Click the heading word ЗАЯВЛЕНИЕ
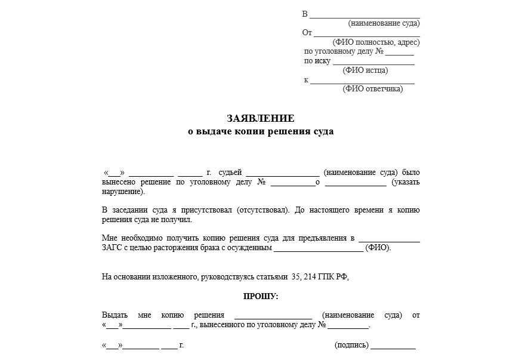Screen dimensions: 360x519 [x=260, y=118]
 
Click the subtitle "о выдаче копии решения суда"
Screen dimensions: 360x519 [x=260, y=131]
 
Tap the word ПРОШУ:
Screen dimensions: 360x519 [x=261, y=296]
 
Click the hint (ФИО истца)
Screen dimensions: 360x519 [x=365, y=70]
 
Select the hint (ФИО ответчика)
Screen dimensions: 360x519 [x=372, y=89]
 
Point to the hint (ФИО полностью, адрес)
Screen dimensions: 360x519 [x=376, y=42]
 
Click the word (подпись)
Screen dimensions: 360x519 [x=351, y=345]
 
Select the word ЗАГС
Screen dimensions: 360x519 [x=112, y=247]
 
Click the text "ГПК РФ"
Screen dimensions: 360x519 [x=335, y=277]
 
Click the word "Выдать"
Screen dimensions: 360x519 [x=115, y=315]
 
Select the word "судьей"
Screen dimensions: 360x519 [x=230, y=173]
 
